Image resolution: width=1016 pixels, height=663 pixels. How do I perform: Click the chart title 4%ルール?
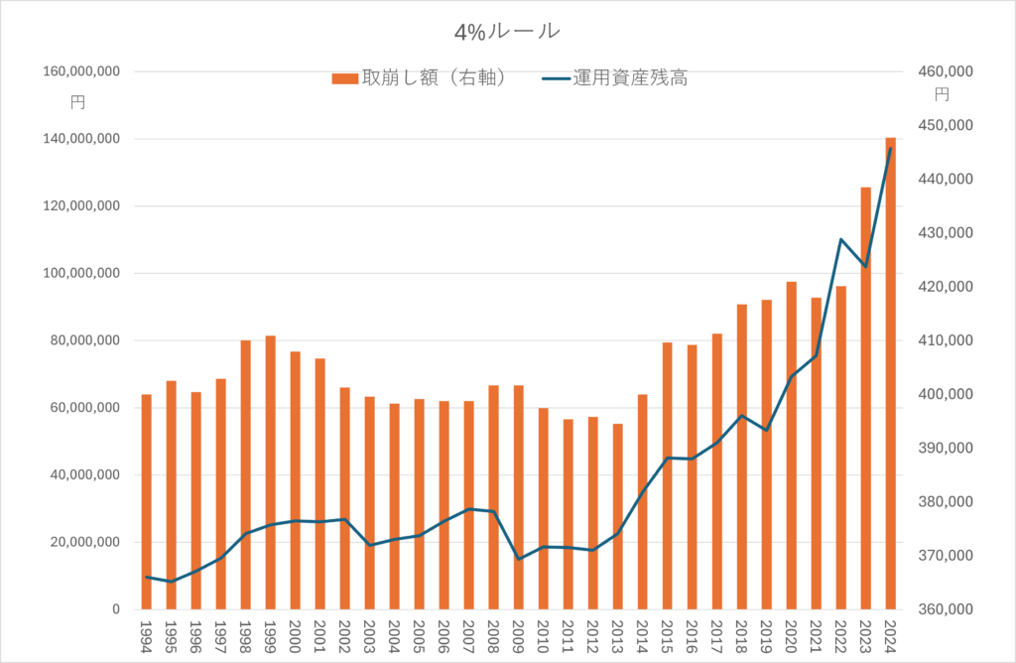click(x=507, y=32)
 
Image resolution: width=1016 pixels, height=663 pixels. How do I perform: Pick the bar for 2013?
click(x=617, y=516)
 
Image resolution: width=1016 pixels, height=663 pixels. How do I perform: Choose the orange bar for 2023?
click(x=865, y=397)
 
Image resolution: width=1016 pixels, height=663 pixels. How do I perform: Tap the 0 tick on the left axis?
click(x=115, y=609)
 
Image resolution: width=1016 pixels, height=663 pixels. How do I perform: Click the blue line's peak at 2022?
click(x=840, y=239)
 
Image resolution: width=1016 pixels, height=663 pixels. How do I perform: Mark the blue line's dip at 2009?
click(x=518, y=559)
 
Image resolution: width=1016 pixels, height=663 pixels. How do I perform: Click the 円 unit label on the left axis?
click(x=78, y=102)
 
